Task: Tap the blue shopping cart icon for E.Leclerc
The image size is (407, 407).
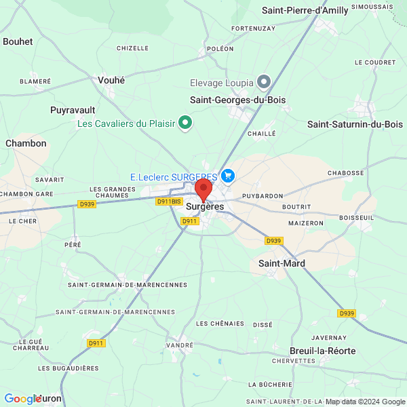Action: [227, 176]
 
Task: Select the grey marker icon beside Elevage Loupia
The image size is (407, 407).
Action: [264, 83]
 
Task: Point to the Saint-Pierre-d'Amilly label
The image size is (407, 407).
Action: [315, 10]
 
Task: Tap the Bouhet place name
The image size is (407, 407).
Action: [18, 41]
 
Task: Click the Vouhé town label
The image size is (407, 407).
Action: [111, 80]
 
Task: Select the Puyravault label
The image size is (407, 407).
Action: [73, 109]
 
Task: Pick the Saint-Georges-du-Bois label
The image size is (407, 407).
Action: [237, 100]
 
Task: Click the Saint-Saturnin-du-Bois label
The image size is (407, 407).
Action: [355, 124]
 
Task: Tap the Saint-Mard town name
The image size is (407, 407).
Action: [282, 263]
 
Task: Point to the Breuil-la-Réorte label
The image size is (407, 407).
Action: [322, 351]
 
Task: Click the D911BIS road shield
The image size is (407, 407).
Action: [169, 201]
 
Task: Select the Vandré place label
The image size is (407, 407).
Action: [180, 345]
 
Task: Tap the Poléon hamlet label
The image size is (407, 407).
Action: [220, 49]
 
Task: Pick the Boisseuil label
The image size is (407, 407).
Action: [357, 217]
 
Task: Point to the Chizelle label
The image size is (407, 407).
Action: [132, 48]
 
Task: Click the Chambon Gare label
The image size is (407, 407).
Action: [26, 194]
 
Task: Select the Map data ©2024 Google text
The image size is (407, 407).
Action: [365, 401]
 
